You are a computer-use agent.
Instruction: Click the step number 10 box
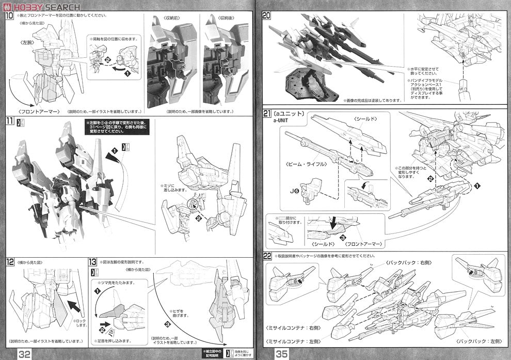(x=10, y=15)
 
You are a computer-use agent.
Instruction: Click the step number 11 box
(x=10, y=121)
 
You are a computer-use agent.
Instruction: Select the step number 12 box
(x=10, y=262)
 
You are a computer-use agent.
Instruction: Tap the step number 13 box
(x=93, y=262)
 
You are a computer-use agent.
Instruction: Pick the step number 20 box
(x=266, y=15)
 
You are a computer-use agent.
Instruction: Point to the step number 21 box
(x=266, y=114)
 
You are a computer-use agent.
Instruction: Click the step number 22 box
(x=267, y=256)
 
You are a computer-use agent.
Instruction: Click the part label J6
(x=294, y=191)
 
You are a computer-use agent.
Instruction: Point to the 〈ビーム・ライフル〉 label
(x=298, y=164)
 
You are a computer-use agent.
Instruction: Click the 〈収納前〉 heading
(x=171, y=18)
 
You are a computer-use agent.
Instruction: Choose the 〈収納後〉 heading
(x=226, y=18)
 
